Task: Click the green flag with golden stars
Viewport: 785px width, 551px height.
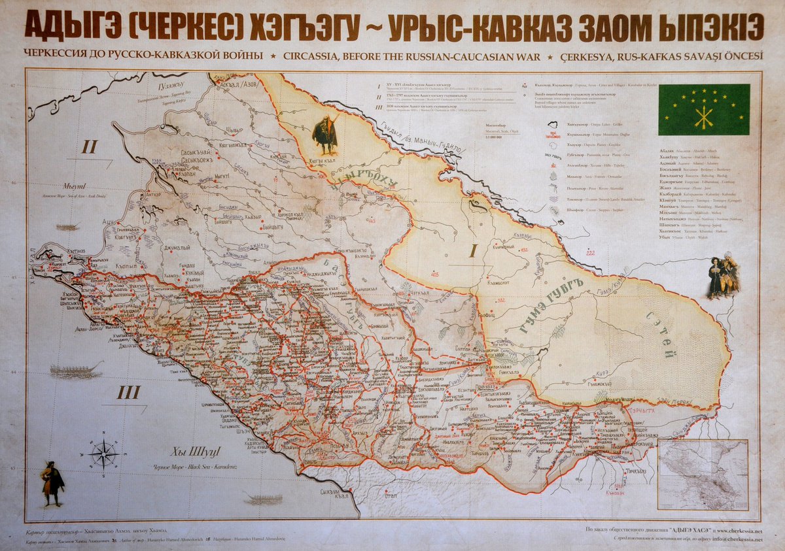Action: click(703, 110)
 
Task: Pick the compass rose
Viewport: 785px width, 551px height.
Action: click(104, 453)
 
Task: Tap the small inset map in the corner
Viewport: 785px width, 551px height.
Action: click(703, 474)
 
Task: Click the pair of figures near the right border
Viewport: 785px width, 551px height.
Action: click(724, 276)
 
